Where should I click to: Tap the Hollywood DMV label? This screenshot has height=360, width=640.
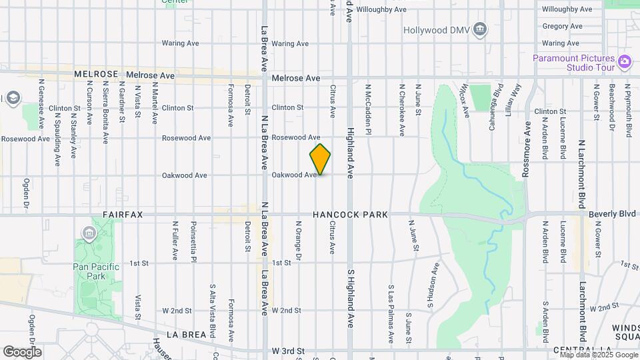[435, 30]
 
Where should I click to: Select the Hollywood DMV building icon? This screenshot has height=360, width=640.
[480, 30]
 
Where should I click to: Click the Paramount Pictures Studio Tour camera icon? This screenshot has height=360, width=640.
[624, 62]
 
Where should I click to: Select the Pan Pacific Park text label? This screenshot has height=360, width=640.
[96, 271]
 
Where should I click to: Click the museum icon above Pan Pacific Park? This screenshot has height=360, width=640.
[89, 233]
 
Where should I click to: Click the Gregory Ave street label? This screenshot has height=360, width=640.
[563, 27]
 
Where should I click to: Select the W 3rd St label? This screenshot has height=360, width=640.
[288, 351]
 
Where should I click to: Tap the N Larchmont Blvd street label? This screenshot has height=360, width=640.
[581, 174]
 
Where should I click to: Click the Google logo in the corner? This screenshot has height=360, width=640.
[22, 352]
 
